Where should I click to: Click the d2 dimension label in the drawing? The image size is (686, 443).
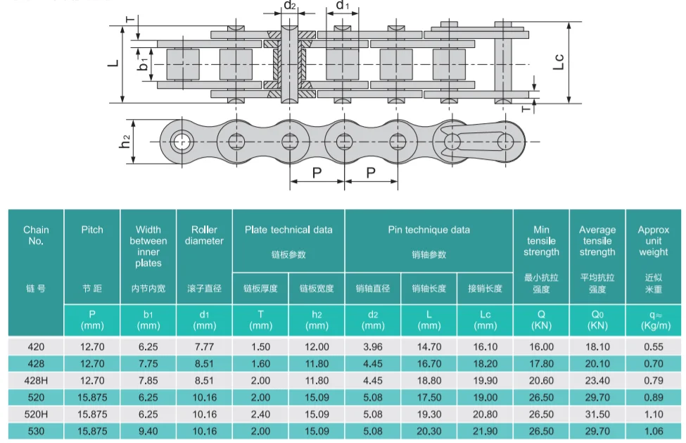[289, 6]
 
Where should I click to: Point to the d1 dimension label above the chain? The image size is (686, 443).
[343, 6]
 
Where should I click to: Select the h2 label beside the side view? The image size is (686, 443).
[125, 141]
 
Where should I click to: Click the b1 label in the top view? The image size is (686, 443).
[144, 64]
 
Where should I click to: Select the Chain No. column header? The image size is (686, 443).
[36, 235]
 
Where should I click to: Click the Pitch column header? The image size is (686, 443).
[92, 230]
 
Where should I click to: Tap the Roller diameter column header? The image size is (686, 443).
[204, 235]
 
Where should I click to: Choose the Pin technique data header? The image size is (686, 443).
[428, 230]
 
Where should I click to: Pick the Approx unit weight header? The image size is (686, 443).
[653, 240]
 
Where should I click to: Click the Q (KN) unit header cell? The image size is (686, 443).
[541, 320]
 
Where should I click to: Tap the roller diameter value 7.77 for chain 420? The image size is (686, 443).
[204, 347]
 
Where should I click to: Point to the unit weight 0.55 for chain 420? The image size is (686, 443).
[653, 347]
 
